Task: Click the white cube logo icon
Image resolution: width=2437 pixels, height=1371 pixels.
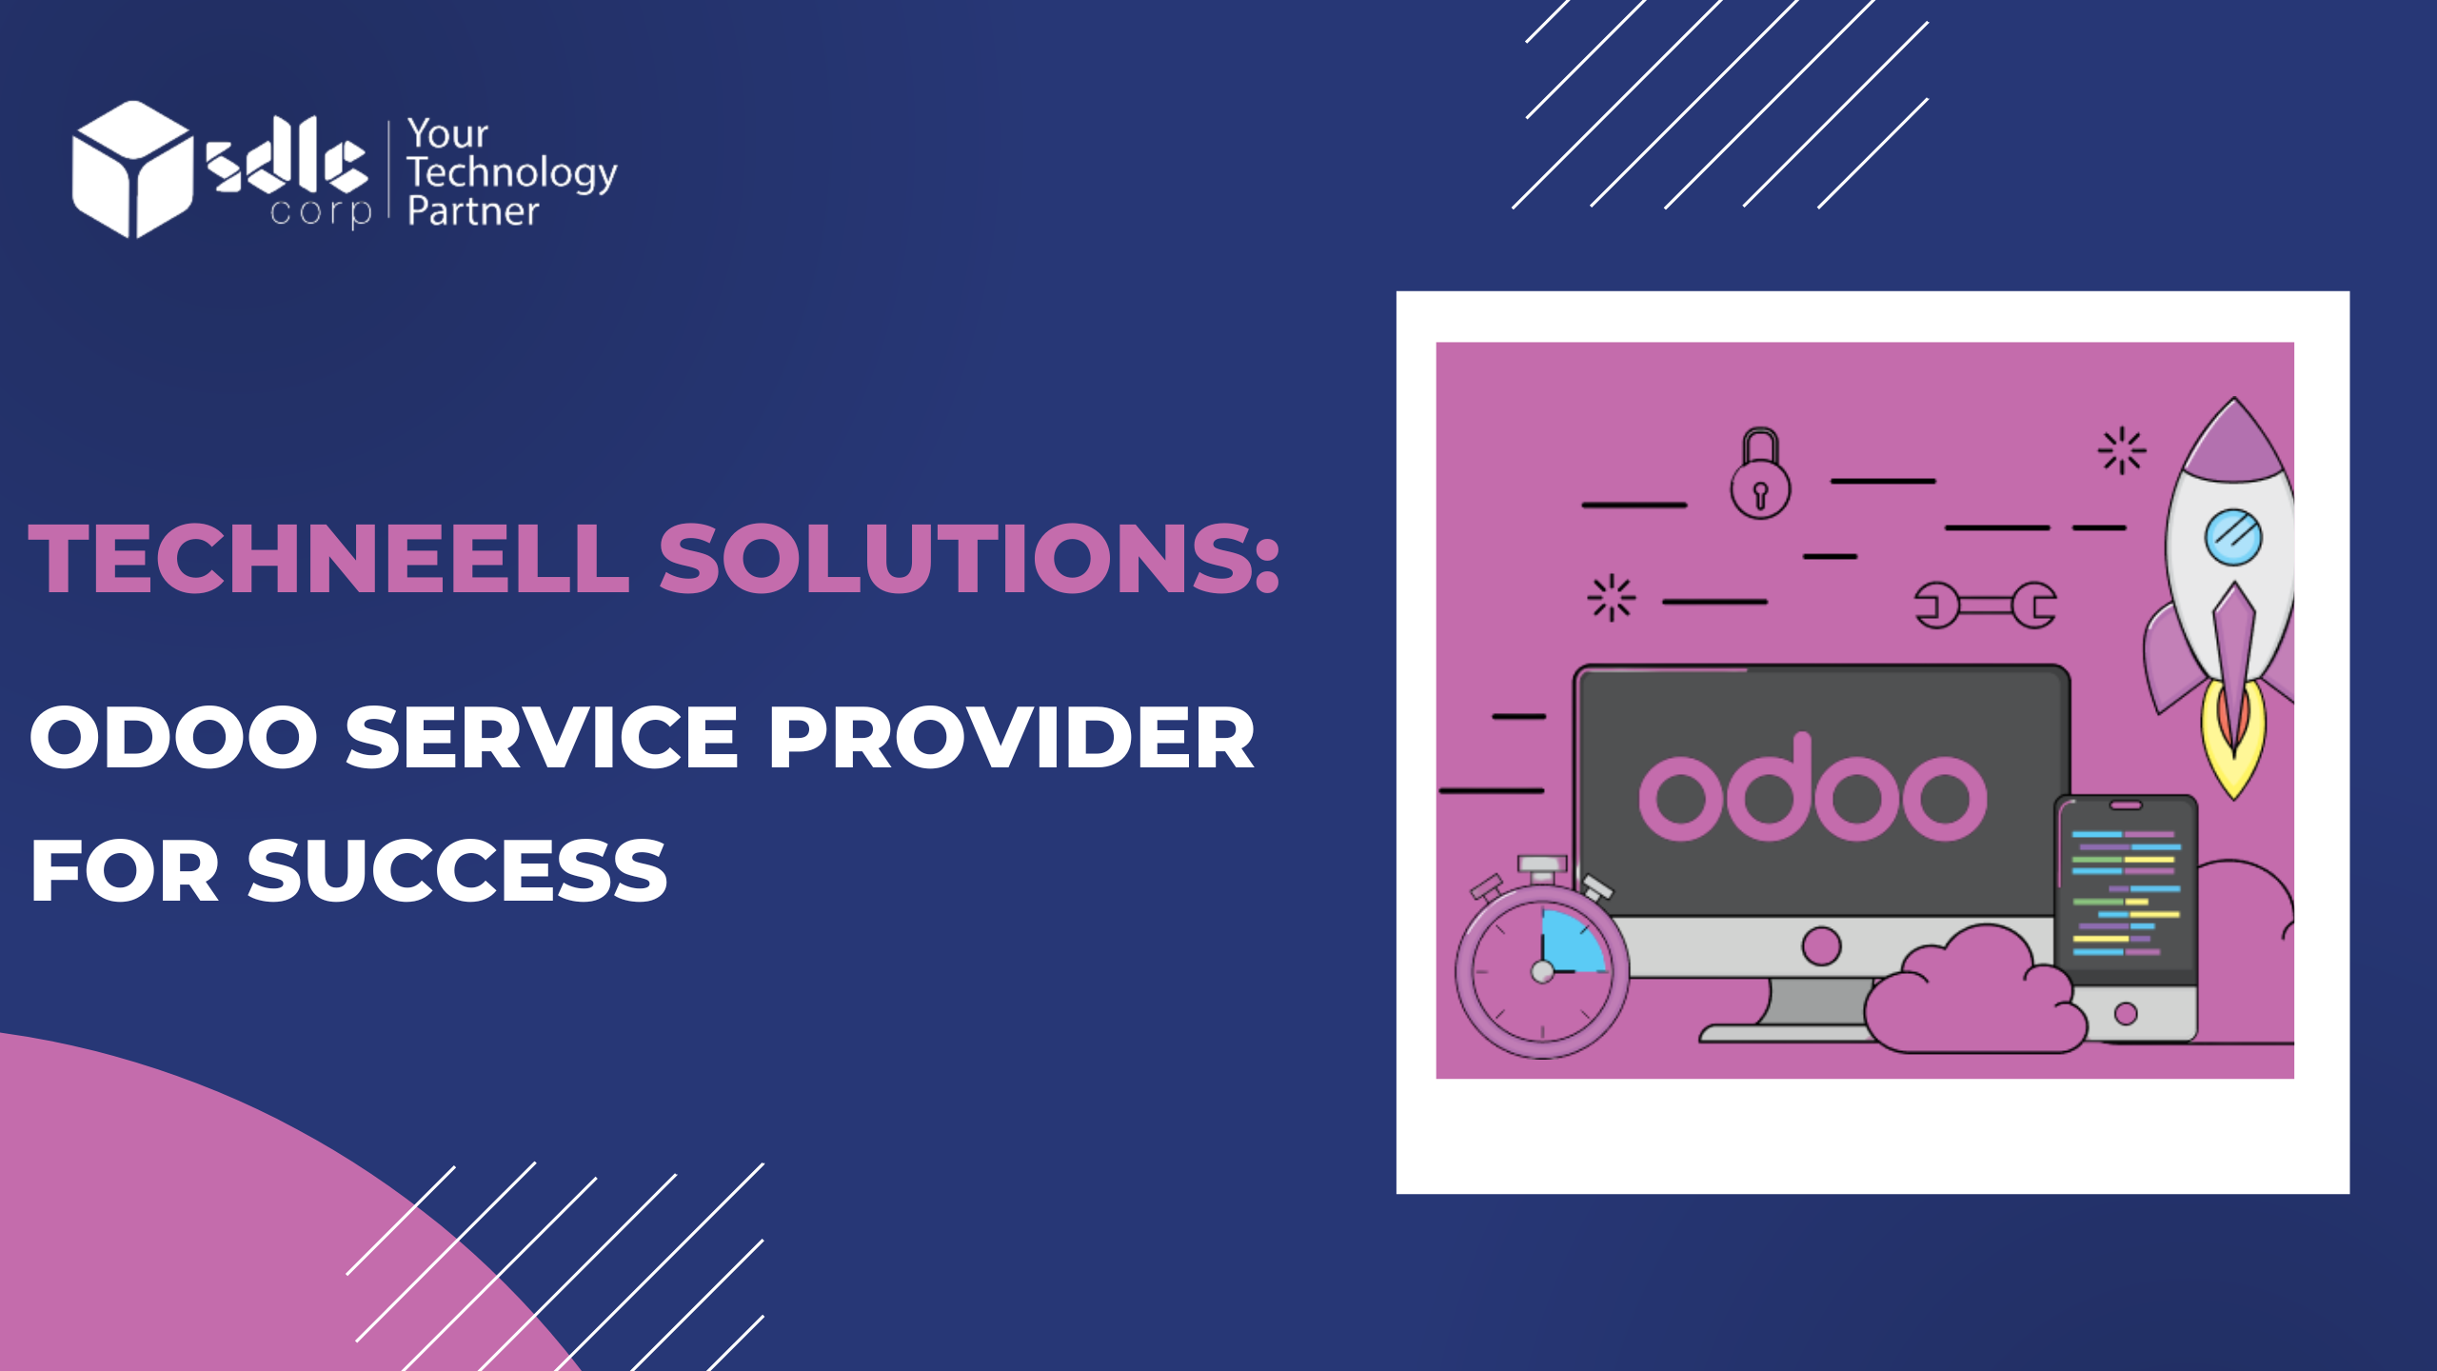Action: click(x=132, y=169)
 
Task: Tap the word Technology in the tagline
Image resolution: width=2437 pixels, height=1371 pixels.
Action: click(x=512, y=174)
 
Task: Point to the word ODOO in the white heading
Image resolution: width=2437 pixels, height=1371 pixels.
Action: click(x=174, y=737)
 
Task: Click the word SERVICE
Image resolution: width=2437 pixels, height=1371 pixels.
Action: click(x=542, y=737)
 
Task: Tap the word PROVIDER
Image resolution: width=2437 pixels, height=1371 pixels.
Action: click(x=1012, y=737)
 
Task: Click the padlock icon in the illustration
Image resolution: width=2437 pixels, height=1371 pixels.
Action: click(x=1760, y=473)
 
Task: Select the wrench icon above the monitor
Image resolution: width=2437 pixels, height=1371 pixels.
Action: click(x=1986, y=605)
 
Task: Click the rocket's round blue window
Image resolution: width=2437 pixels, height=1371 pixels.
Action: click(x=2233, y=537)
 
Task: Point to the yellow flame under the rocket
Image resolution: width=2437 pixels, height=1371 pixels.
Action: click(x=2233, y=741)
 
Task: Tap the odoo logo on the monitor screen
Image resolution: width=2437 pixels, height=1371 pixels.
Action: click(x=1813, y=789)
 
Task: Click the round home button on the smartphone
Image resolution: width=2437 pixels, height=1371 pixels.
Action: click(x=2126, y=1014)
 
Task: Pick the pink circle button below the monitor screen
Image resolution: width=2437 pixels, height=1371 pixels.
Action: click(x=1821, y=946)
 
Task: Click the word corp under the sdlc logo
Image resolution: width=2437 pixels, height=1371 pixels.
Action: click(x=321, y=211)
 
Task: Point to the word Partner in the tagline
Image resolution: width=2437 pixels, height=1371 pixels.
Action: click(x=473, y=211)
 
